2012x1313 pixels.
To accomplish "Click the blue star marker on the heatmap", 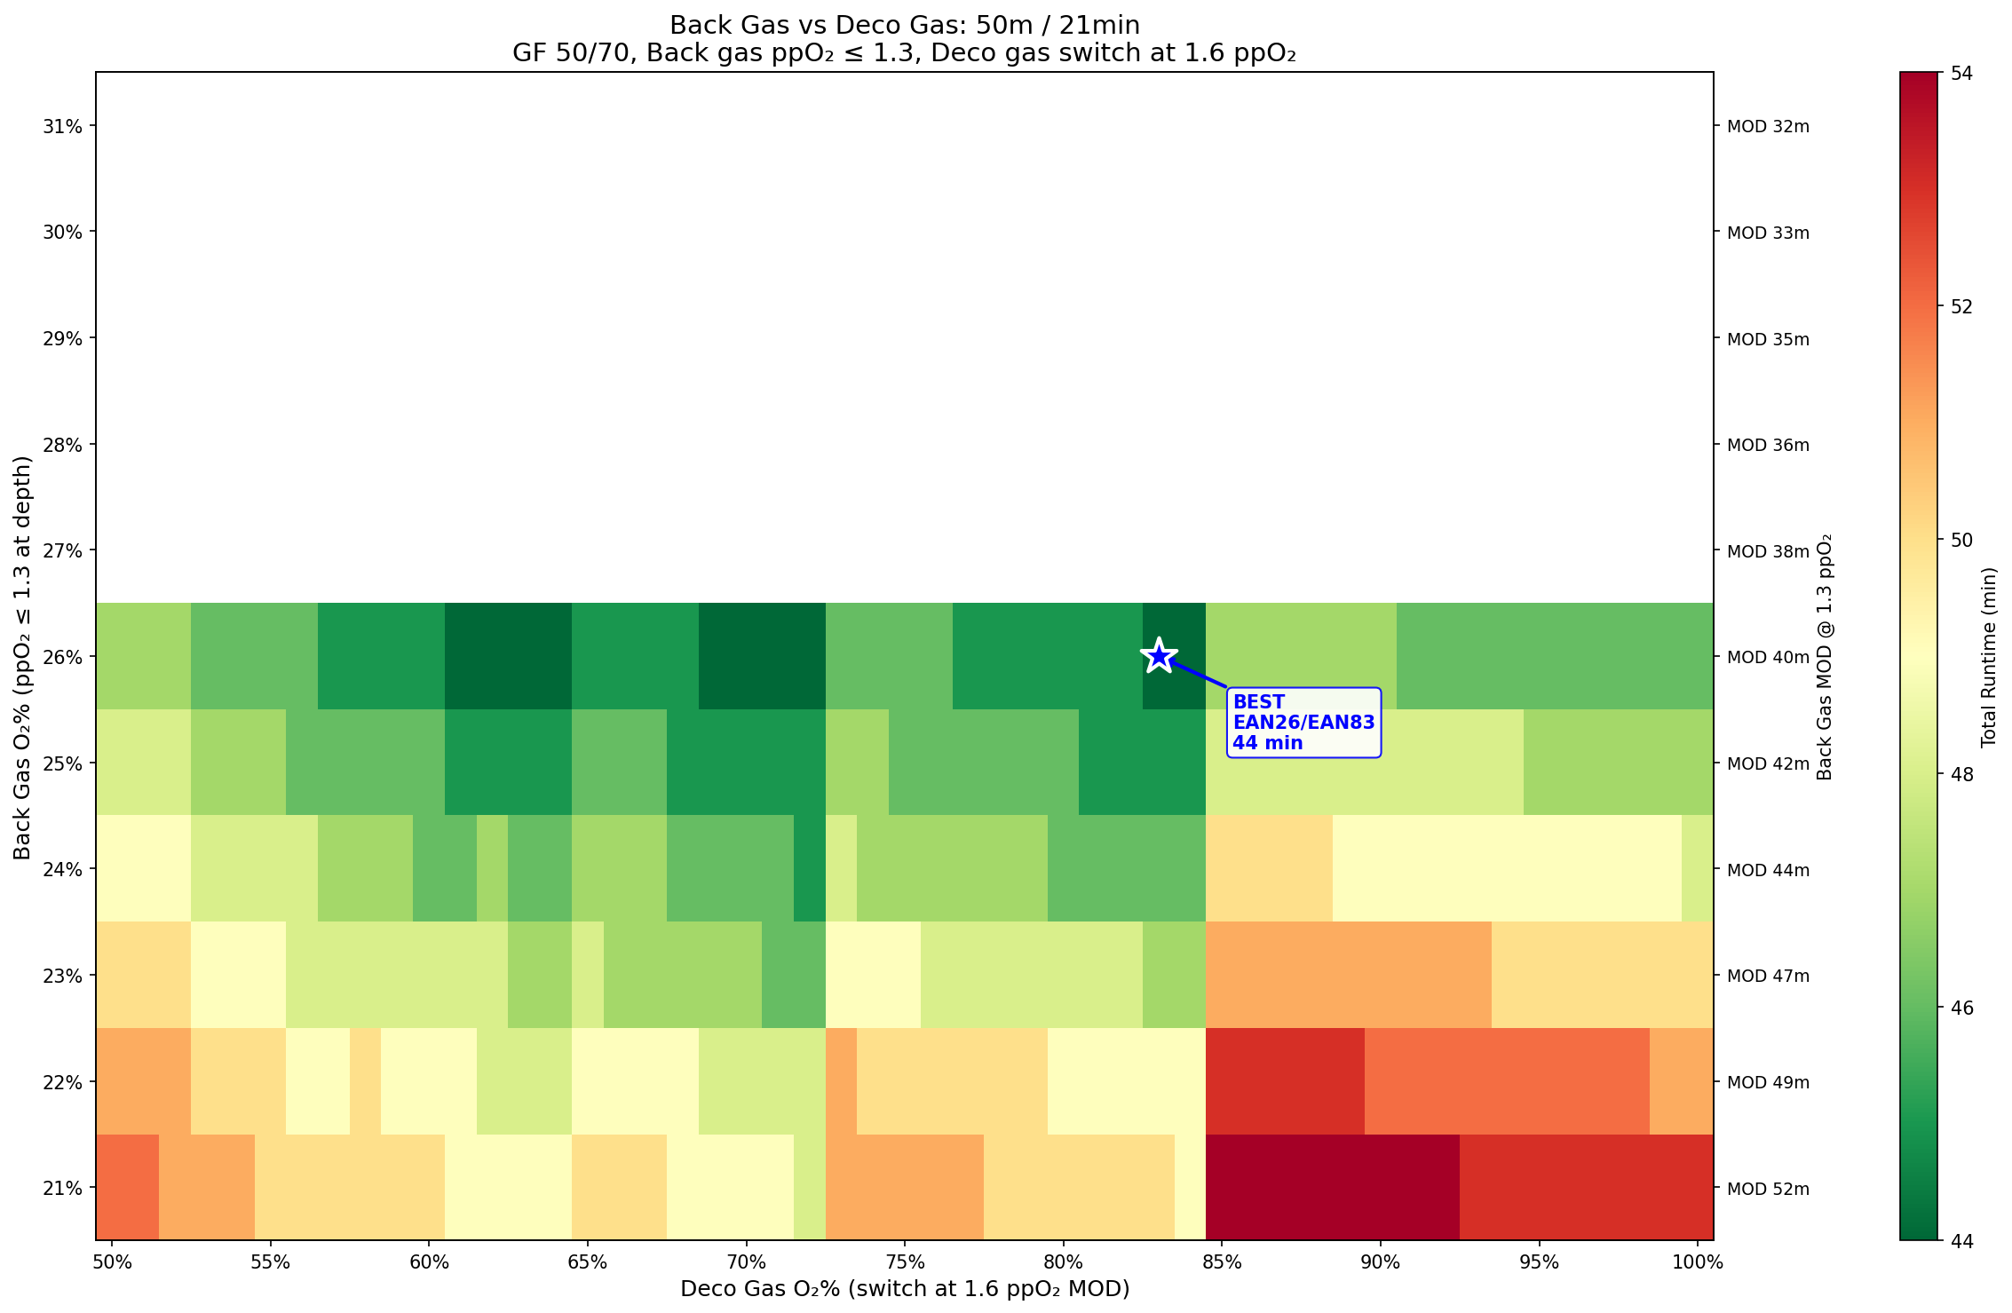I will point(1158,656).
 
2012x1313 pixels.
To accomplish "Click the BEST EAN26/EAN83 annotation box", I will point(1303,723).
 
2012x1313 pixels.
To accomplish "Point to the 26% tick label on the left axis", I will point(63,657).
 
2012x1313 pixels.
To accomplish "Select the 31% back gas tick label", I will point(63,126).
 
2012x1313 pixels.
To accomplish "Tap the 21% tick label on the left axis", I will point(63,1188).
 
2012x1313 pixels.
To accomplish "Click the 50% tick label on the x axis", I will point(112,1262).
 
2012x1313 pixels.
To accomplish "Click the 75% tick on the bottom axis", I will point(905,1262).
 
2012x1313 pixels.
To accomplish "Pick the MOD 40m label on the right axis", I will point(1768,657).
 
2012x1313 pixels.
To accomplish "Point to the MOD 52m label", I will point(1768,1188).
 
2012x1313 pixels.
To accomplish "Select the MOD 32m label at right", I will point(1768,126).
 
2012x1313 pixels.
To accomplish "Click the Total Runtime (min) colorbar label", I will point(1989,657).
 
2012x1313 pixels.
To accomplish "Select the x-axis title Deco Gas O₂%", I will point(905,1289).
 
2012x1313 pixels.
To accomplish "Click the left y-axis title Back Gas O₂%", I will point(23,657).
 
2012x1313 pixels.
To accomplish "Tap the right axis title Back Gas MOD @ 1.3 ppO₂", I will point(1825,657).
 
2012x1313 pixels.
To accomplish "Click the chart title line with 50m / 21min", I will point(905,25).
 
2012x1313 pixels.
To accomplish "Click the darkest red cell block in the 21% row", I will point(1332,1188).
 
